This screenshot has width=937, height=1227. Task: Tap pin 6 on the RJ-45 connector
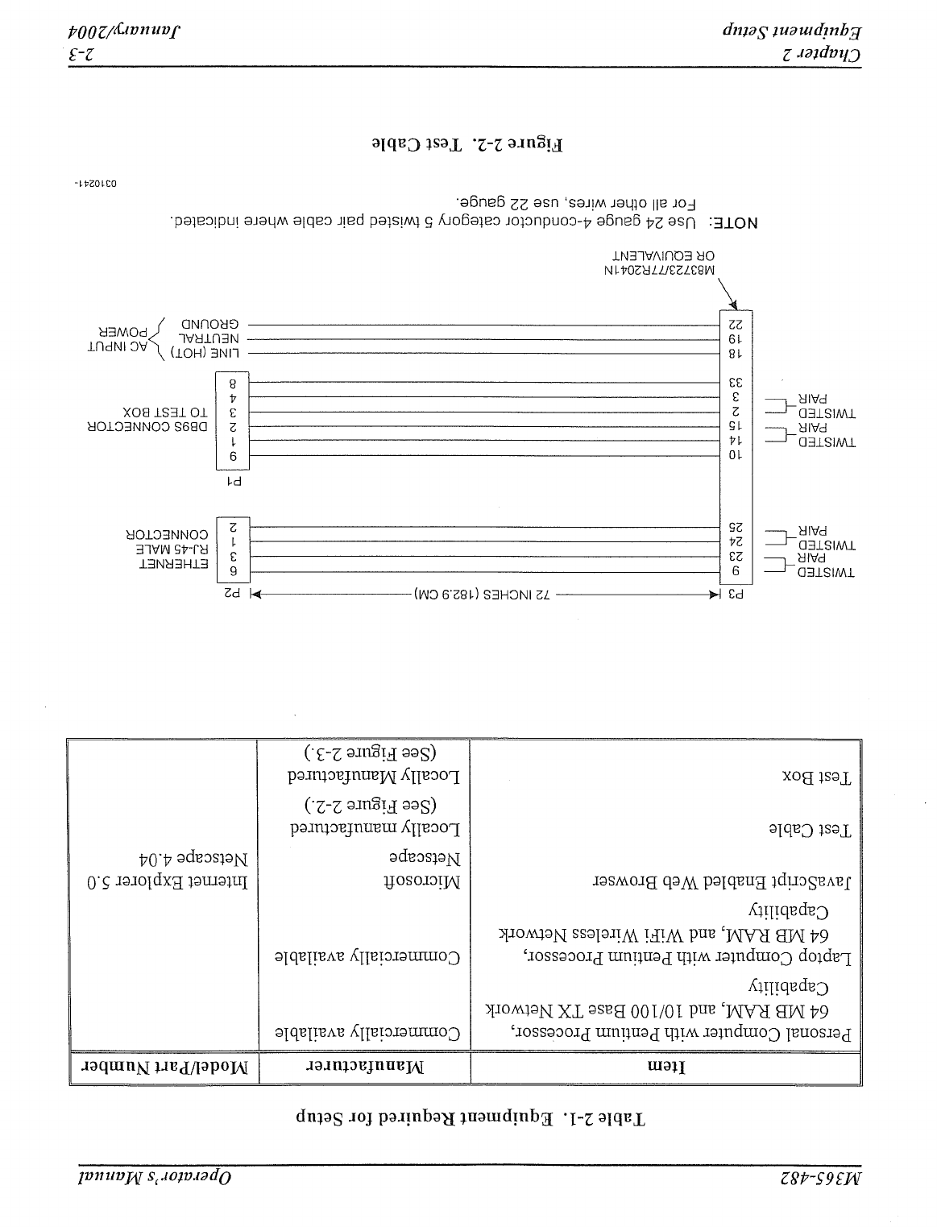click(x=233, y=572)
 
